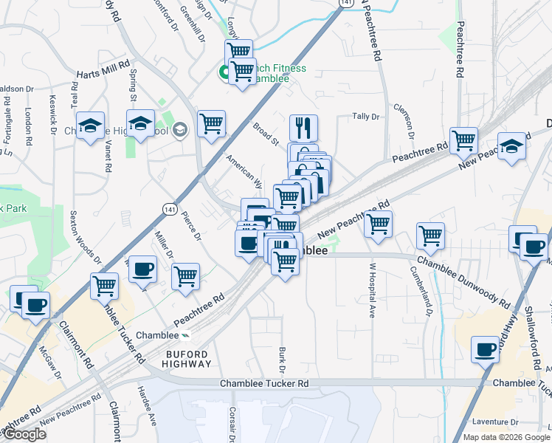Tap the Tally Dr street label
[365, 117]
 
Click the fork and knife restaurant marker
[303, 128]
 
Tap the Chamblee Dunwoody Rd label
[463, 283]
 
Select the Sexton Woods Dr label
[87, 237]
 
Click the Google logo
[24, 434]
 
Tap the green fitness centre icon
[223, 72]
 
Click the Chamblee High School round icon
[182, 131]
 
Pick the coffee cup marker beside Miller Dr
[143, 269]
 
